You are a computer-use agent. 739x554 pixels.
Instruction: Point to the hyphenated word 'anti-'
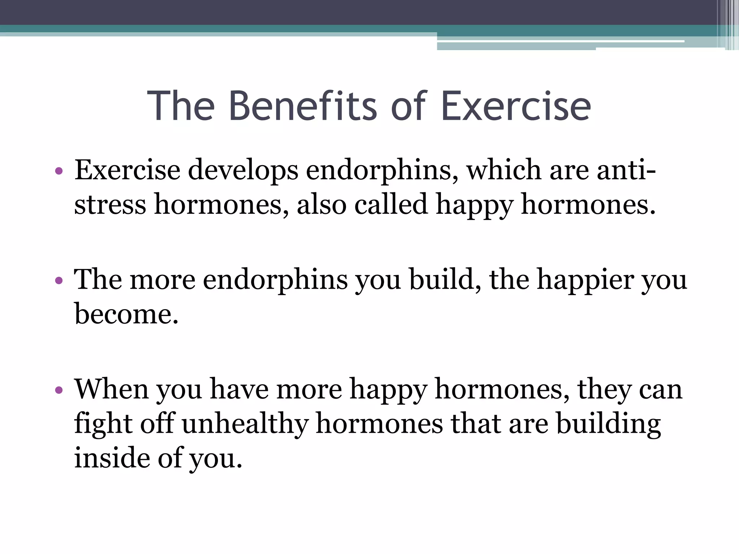click(626, 170)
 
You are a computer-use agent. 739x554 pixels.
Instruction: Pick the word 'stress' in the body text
click(110, 205)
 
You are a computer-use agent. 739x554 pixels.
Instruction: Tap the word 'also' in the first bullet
click(322, 205)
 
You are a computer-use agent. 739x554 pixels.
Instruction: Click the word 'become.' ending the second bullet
click(126, 314)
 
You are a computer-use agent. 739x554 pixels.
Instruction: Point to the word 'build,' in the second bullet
click(445, 280)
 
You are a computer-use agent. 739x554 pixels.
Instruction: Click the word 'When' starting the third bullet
click(111, 389)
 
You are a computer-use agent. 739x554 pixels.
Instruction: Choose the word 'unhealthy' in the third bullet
click(245, 424)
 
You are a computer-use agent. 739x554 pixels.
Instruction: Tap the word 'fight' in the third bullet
click(103, 424)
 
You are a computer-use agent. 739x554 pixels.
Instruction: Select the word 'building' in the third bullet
click(608, 424)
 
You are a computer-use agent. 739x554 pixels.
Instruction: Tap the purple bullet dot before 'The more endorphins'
click(59, 280)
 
